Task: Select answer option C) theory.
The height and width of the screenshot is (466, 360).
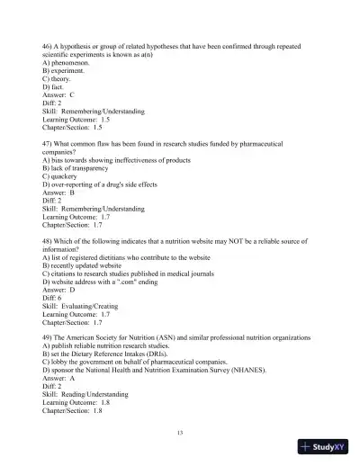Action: pos(59,79)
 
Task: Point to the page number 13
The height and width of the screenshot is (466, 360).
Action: pos(180,433)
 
